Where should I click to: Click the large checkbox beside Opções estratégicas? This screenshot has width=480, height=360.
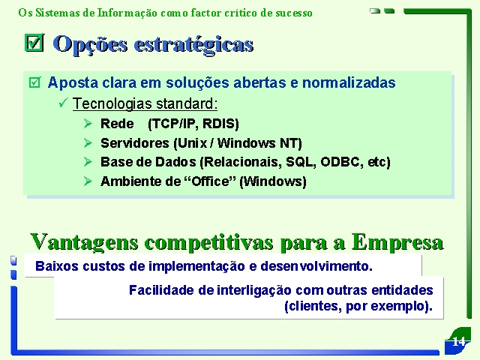point(34,43)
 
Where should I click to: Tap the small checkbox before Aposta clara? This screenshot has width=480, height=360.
point(34,82)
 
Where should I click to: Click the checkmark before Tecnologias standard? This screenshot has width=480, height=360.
point(63,103)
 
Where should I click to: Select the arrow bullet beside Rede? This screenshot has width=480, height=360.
point(88,123)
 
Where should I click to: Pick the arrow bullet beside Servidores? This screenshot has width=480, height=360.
point(88,142)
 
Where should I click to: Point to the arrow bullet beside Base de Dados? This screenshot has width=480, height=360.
point(88,162)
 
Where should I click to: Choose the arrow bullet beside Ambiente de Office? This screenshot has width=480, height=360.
point(88,181)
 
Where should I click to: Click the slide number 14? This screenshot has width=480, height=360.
point(458,341)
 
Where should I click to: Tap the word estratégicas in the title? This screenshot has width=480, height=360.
point(193,45)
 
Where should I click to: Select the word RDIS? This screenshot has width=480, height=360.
point(220,124)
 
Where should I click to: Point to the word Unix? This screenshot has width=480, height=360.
point(190,143)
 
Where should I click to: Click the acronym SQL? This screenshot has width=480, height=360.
point(301,162)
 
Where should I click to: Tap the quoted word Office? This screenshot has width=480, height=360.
point(210,181)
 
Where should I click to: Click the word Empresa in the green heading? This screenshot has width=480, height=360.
point(397,243)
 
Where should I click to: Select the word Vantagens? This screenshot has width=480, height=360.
point(84,243)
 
